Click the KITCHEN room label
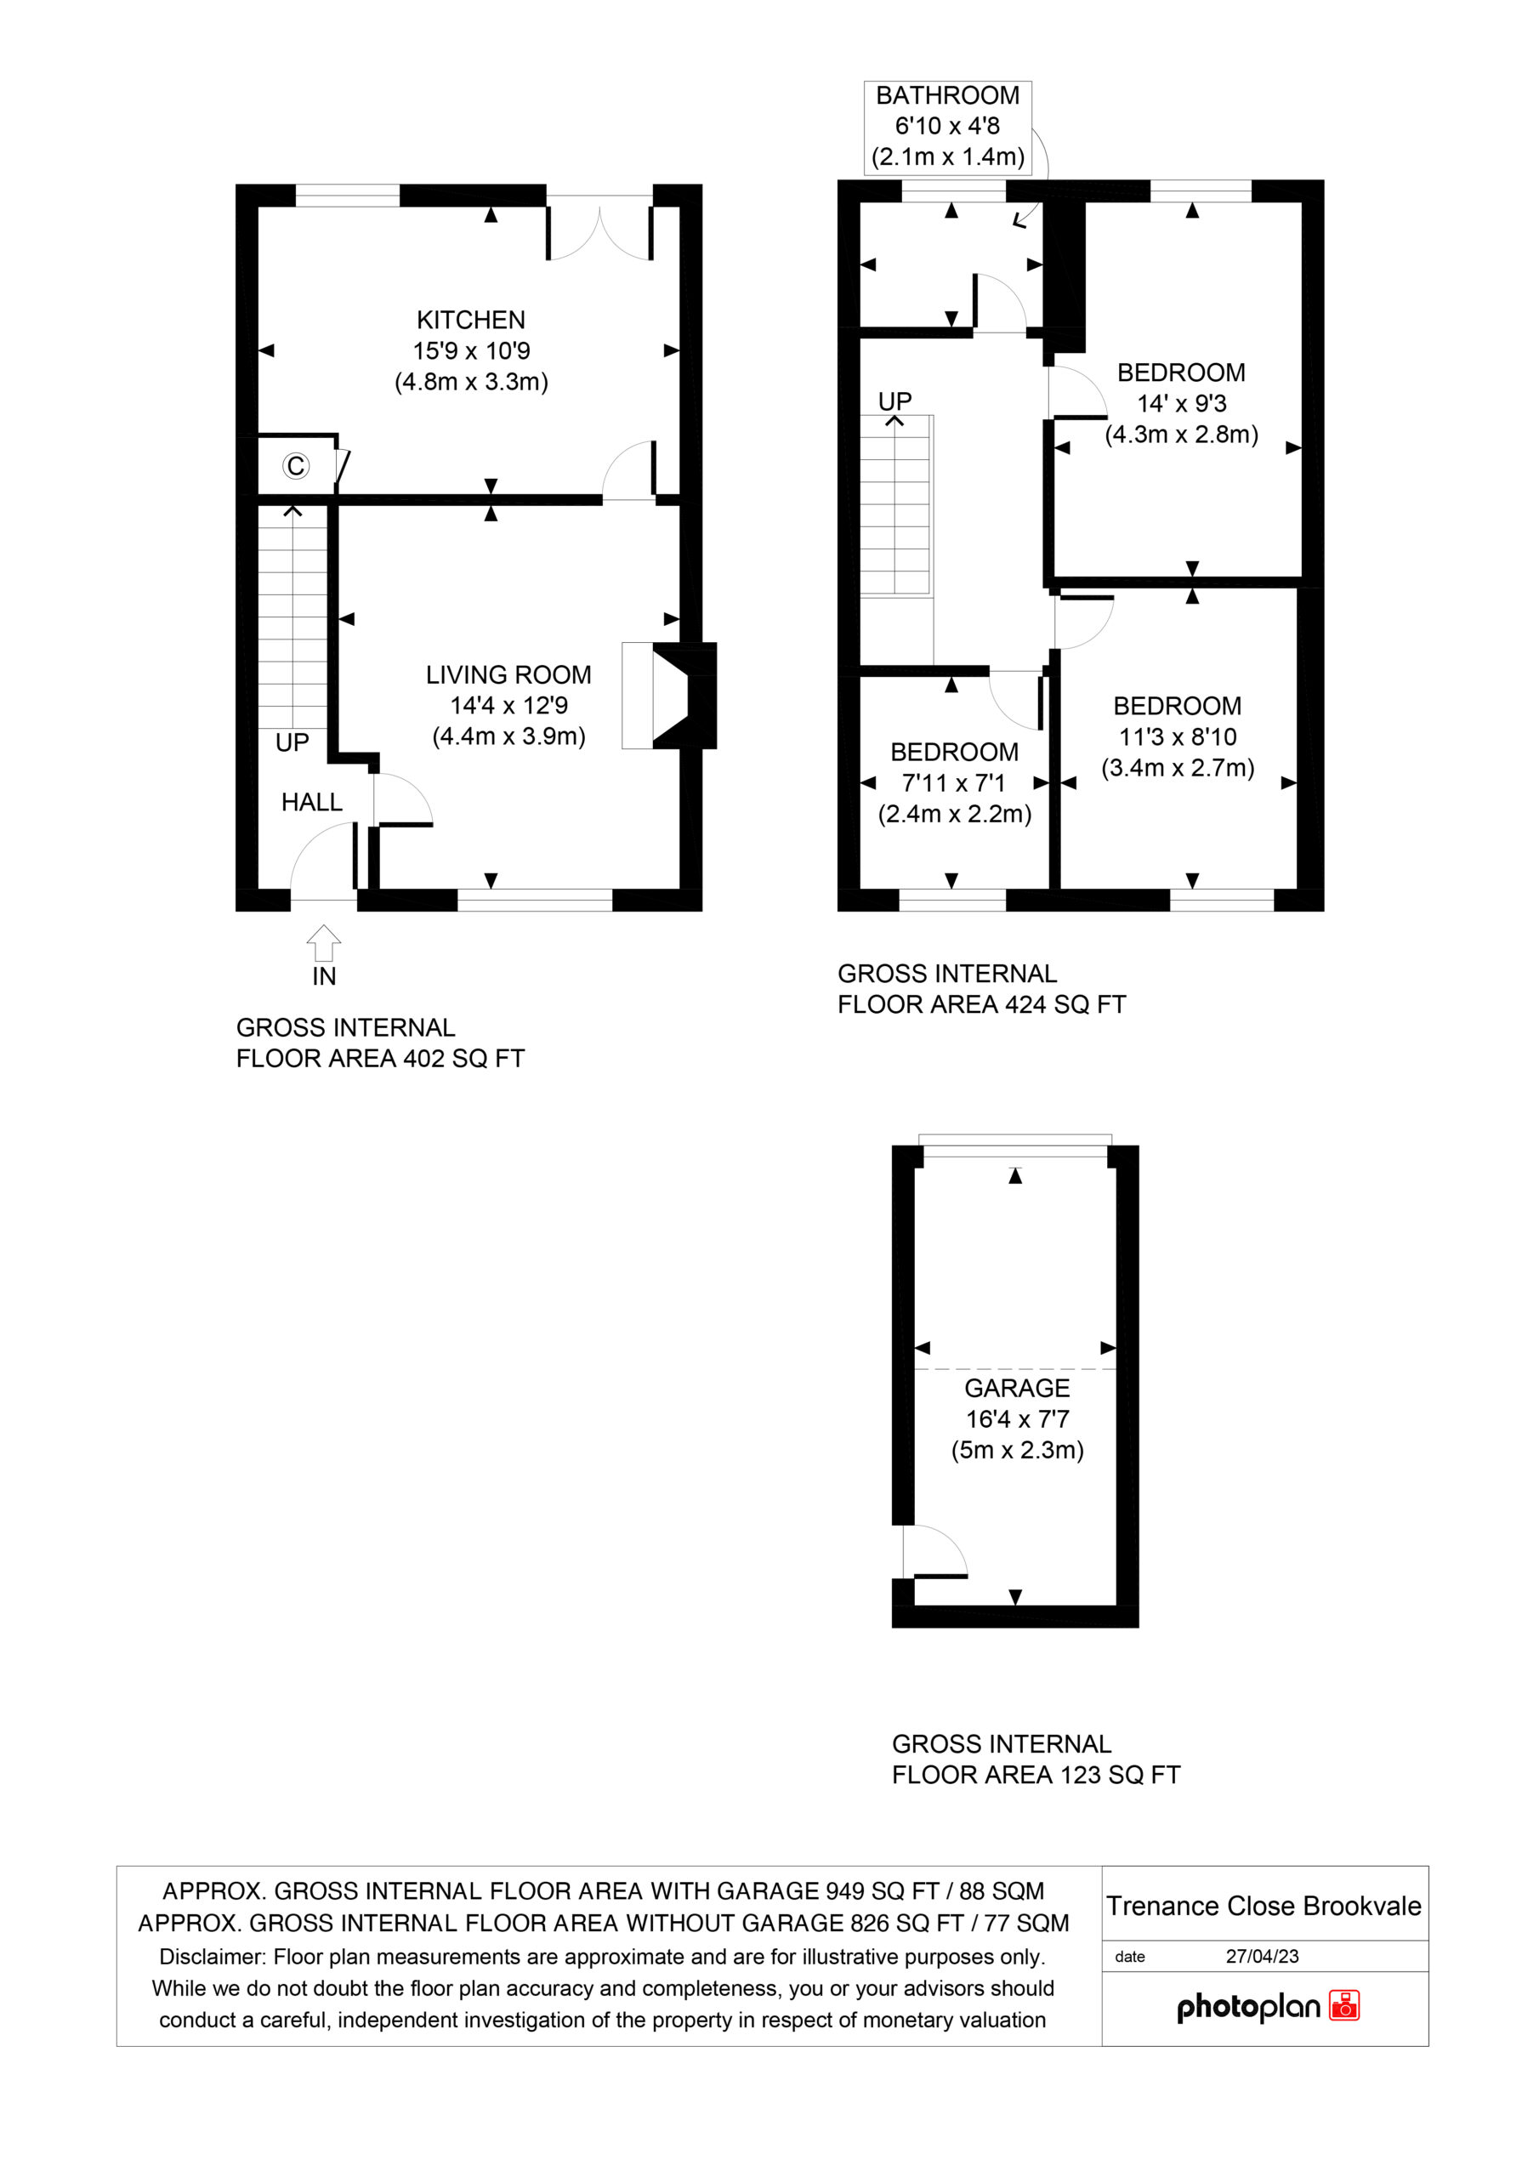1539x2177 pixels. click(470, 321)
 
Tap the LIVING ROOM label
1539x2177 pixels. click(508, 675)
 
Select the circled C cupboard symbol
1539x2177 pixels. click(296, 465)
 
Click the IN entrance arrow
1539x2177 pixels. click(323, 945)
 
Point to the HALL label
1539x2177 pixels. click(311, 802)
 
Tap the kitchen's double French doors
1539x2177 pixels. click(599, 228)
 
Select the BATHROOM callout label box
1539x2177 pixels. click(947, 127)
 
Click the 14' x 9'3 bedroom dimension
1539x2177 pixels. click(1182, 404)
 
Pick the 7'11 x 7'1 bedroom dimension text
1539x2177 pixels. click(953, 783)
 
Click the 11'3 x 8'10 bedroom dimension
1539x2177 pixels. click(1177, 736)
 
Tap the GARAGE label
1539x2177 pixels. click(1017, 1388)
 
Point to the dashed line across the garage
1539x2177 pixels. click(1014, 1369)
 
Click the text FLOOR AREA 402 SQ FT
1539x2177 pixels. click(379, 1059)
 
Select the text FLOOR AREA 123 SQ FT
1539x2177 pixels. click(1036, 1775)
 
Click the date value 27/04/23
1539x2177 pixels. click(1261, 1956)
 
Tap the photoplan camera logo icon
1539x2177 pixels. click(1343, 2005)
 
